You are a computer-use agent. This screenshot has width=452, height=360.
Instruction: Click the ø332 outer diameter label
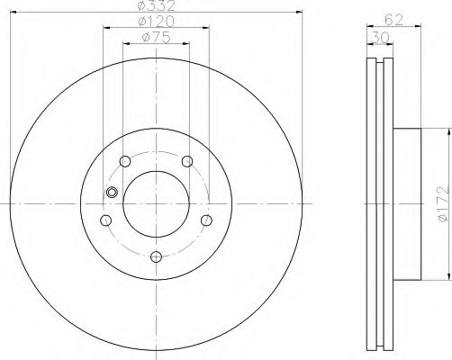(157, 7)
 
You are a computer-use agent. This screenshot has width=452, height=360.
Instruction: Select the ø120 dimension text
(157, 21)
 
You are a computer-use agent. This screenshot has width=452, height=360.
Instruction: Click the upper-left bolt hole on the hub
(125, 161)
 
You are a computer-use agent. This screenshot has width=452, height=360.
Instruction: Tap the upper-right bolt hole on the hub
(187, 161)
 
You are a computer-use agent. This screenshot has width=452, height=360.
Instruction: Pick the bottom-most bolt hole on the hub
(157, 257)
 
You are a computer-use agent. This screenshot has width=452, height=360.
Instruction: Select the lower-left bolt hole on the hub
(106, 220)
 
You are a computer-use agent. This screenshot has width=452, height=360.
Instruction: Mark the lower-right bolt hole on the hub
(207, 220)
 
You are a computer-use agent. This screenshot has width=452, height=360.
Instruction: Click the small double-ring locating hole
(112, 192)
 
